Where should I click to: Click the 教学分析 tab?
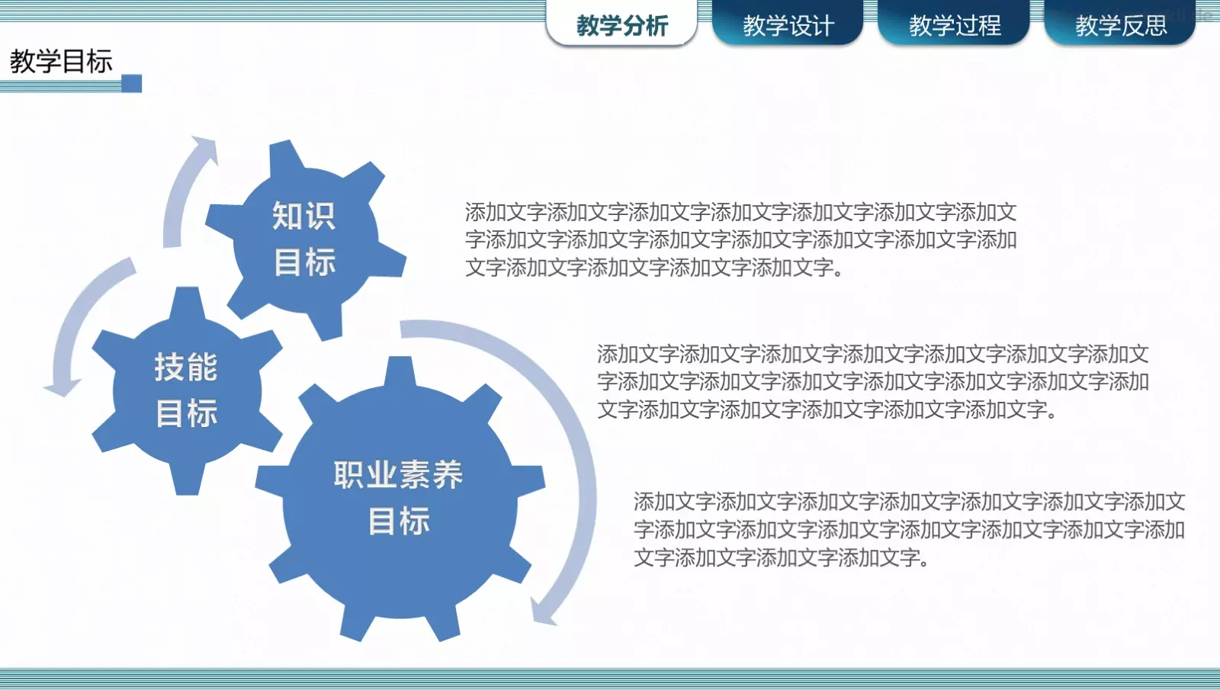pyautogui.click(x=621, y=25)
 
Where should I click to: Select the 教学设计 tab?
pyautogui.click(x=788, y=25)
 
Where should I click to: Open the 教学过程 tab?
pyautogui.click(x=954, y=25)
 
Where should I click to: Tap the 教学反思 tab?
pyautogui.click(x=1120, y=25)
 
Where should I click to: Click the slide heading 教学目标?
pyautogui.click(x=61, y=61)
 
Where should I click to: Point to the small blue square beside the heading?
pyautogui.click(x=132, y=83)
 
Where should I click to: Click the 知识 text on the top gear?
pyautogui.click(x=303, y=216)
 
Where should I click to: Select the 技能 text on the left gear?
pyautogui.click(x=186, y=367)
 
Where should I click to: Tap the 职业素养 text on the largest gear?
pyautogui.click(x=398, y=475)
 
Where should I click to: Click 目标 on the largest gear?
pyautogui.click(x=399, y=522)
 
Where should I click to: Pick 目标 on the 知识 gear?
pyautogui.click(x=304, y=262)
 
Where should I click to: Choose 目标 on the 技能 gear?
pyautogui.click(x=187, y=413)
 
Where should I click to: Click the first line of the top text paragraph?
pyautogui.click(x=740, y=212)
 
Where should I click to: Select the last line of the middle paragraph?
pyautogui.click(x=827, y=410)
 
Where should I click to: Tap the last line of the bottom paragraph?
pyautogui.click(x=781, y=558)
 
